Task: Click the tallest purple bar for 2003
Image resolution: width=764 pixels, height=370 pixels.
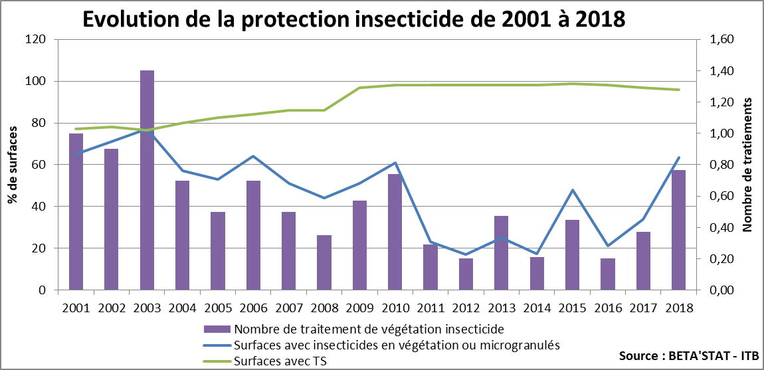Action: (x=147, y=179)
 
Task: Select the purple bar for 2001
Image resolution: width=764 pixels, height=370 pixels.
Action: (x=76, y=211)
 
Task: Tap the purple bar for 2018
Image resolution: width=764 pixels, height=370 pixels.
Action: (x=678, y=230)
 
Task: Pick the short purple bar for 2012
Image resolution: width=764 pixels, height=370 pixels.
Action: (x=466, y=274)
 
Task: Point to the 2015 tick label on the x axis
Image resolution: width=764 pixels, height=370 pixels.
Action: (x=572, y=308)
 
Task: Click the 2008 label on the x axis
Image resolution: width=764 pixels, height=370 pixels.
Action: (x=324, y=308)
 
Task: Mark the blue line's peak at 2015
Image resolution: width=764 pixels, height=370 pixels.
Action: (x=572, y=190)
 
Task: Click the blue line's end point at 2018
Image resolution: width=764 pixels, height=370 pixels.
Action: (x=678, y=157)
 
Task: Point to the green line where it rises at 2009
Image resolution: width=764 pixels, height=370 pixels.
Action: (x=359, y=88)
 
